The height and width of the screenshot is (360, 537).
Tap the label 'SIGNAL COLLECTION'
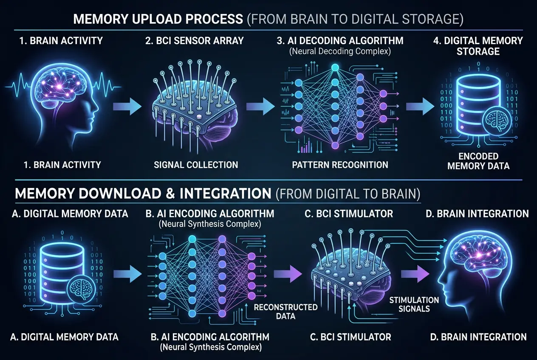[195, 164]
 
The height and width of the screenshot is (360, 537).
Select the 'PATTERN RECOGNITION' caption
[340, 164]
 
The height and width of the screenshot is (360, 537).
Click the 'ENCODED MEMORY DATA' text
[478, 161]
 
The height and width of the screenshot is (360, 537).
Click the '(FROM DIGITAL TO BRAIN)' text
[348, 194]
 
